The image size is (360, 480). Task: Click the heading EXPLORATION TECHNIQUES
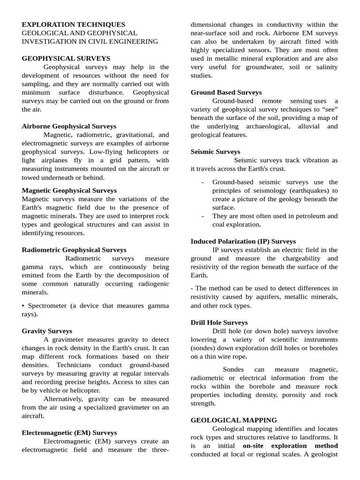74,24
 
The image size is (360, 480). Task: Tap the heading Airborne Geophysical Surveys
69,127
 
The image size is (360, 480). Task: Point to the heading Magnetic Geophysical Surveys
69,191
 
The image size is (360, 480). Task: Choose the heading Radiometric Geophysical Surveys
74,250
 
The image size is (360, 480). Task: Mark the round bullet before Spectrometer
24,306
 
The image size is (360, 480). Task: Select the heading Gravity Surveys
47,331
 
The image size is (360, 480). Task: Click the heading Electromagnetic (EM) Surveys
69,433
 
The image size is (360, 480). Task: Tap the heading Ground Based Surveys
226,93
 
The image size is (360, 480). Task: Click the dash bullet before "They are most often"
202,216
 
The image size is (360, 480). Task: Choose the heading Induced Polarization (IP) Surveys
243,241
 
